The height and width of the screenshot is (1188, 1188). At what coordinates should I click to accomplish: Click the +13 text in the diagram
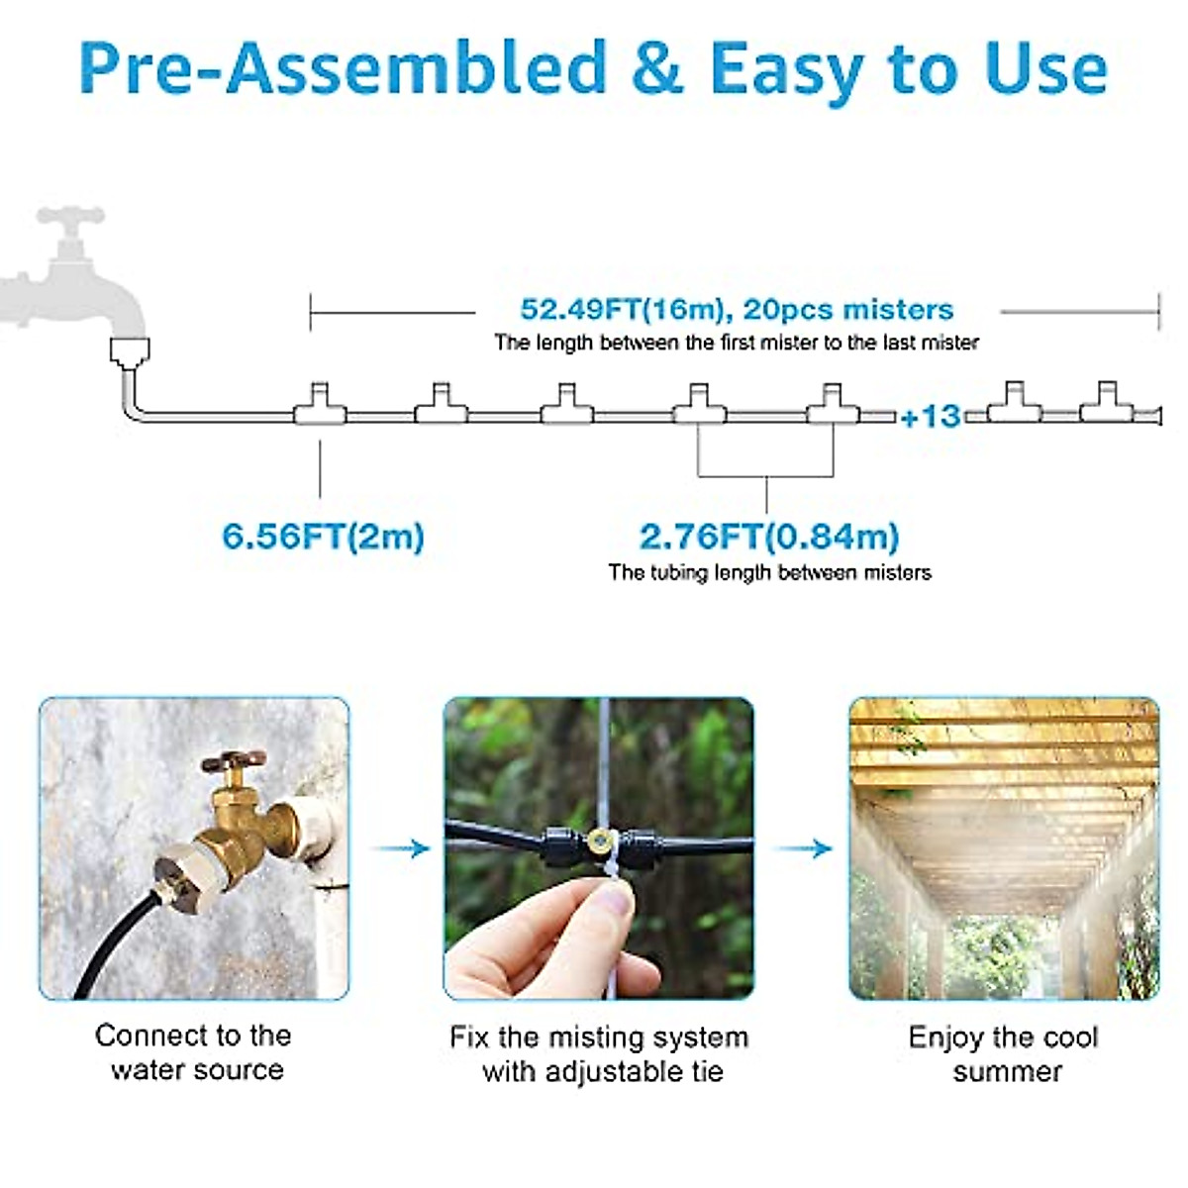[x=931, y=416]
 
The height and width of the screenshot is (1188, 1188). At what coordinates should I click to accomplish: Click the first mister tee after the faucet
[x=319, y=405]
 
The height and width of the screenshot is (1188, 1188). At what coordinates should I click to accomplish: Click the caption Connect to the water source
[x=195, y=1052]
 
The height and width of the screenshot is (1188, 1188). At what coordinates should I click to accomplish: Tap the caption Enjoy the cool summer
[x=1004, y=1053]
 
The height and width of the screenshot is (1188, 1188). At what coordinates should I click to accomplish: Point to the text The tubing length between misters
[x=769, y=572]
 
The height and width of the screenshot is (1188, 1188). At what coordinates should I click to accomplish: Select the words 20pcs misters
[x=848, y=309]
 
